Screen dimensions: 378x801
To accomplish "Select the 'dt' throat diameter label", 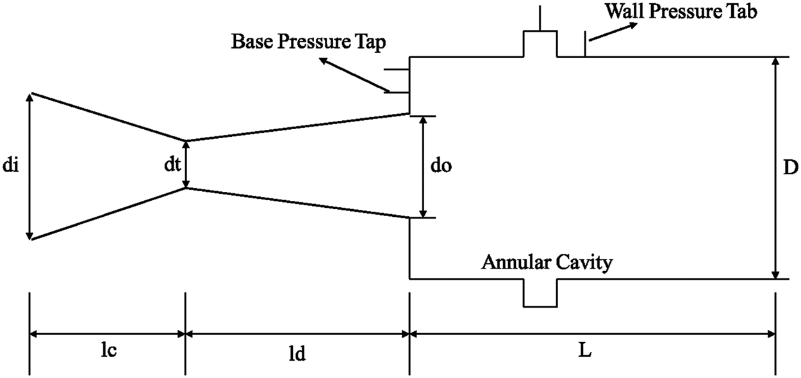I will pyautogui.click(x=170, y=164).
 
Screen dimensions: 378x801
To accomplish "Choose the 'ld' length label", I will pyautogui.click(x=297, y=354).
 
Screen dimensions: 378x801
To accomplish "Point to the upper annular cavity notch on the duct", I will pyautogui.click(x=540, y=43).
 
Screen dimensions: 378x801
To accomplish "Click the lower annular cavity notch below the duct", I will pyautogui.click(x=540, y=294).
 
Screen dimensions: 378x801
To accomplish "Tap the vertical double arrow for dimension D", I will pyautogui.click(x=775, y=168).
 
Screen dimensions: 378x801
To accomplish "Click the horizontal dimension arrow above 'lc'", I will pyautogui.click(x=107, y=333).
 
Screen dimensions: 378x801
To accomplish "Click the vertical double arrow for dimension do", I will pyautogui.click(x=423, y=167).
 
